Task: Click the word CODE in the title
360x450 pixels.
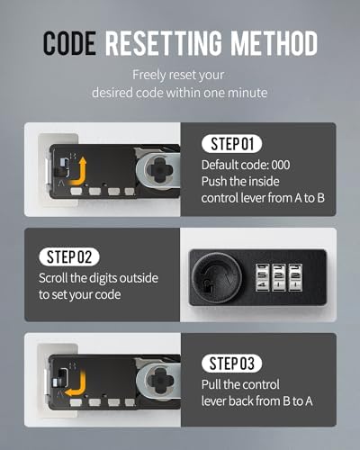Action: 69,43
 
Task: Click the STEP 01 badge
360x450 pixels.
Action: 231,144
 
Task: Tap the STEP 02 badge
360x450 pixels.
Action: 69,256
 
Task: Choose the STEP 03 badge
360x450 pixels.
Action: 231,364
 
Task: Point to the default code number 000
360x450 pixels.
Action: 281,165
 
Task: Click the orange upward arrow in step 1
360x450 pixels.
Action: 78,173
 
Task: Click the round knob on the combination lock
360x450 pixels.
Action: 217,277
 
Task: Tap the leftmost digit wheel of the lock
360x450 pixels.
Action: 262,277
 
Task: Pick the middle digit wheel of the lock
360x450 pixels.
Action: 278,277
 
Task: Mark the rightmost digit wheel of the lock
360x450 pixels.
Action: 295,277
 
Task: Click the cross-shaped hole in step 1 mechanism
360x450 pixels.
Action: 159,170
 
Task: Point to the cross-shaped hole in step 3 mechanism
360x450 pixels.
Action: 159,381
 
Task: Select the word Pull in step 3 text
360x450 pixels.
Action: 211,384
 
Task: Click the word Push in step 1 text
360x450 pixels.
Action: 213,182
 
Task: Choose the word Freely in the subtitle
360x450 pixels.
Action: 149,76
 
